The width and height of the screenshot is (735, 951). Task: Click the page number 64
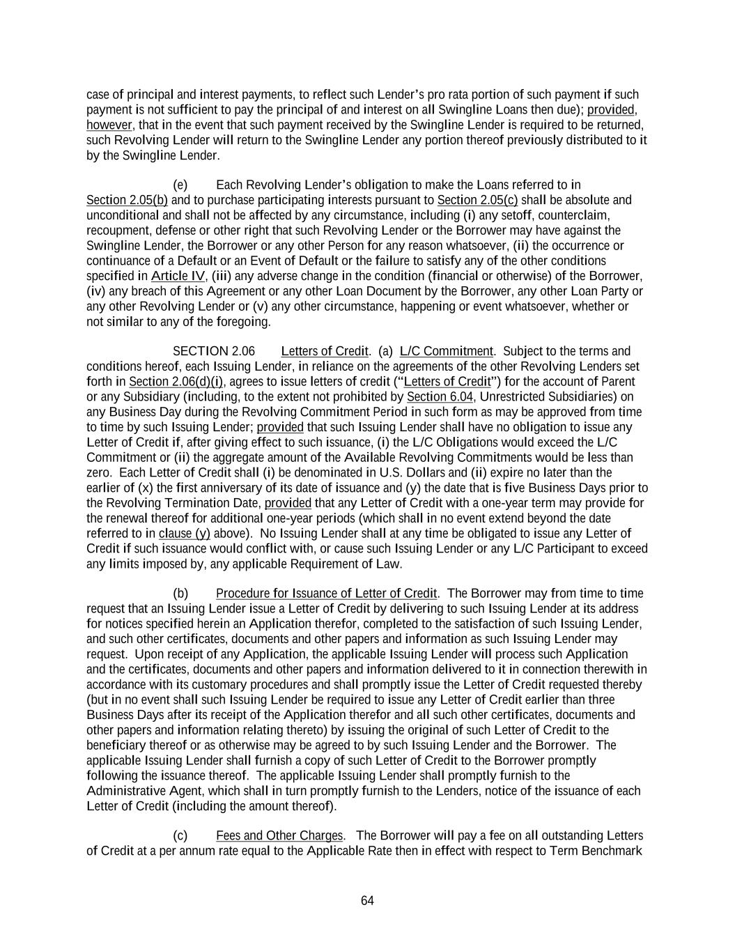[x=367, y=901]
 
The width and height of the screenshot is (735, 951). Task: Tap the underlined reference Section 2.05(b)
[x=127, y=201]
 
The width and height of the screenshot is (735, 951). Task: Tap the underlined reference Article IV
[x=178, y=276]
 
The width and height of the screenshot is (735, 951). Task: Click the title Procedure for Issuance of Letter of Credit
[x=326, y=594]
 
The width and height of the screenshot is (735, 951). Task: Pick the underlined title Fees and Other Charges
[x=279, y=836]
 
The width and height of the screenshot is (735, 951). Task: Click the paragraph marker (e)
[x=180, y=185]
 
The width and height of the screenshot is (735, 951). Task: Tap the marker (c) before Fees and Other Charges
[x=180, y=836]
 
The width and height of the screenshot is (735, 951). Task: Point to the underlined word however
[x=109, y=125]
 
